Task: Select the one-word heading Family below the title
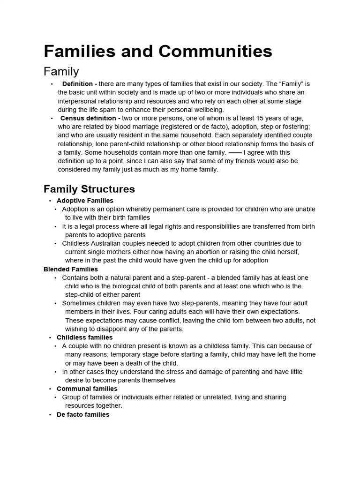61,71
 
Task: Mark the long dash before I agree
235,153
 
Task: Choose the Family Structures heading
89,189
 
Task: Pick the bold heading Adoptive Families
85,201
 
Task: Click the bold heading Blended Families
71,269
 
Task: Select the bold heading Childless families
84,337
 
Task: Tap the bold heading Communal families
87,389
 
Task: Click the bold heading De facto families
83,414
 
